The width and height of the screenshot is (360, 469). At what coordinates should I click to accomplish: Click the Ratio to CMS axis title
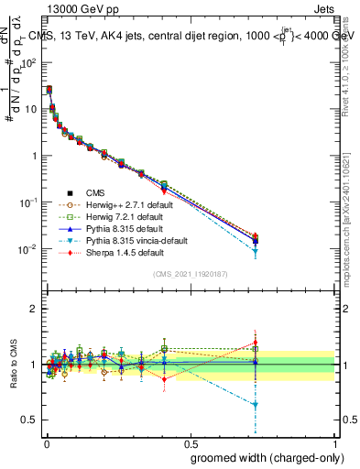pos(13,365)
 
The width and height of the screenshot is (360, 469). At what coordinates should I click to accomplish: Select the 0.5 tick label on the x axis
pos(189,443)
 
